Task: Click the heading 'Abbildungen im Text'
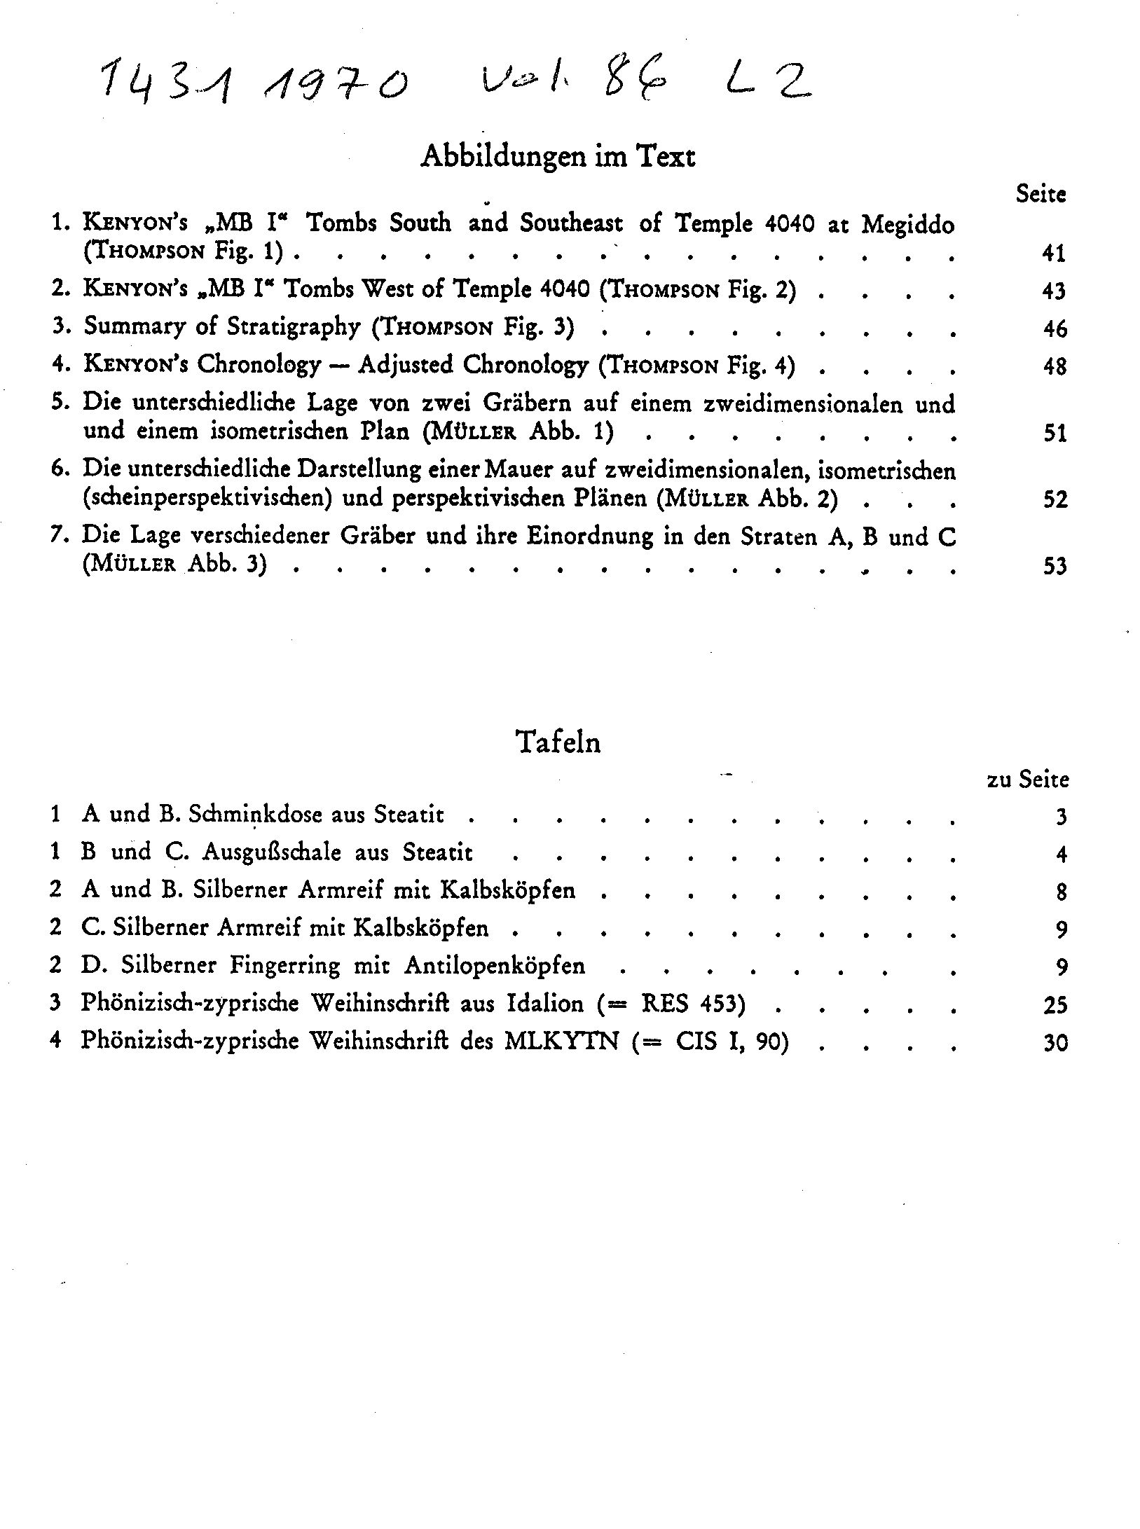point(557,155)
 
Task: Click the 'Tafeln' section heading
point(558,741)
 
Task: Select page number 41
point(1053,253)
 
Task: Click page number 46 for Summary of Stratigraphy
point(1054,328)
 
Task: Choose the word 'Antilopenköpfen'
point(495,966)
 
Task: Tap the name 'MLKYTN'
point(561,1042)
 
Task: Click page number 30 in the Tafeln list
point(1055,1044)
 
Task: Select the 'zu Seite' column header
point(1027,780)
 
